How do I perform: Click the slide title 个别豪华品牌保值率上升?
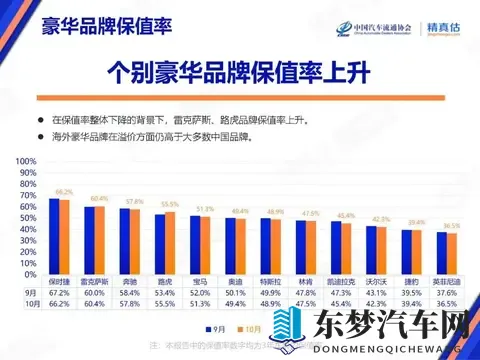point(240,74)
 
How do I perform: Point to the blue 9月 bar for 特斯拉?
point(267,243)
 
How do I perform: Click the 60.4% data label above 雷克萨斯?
point(99,198)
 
